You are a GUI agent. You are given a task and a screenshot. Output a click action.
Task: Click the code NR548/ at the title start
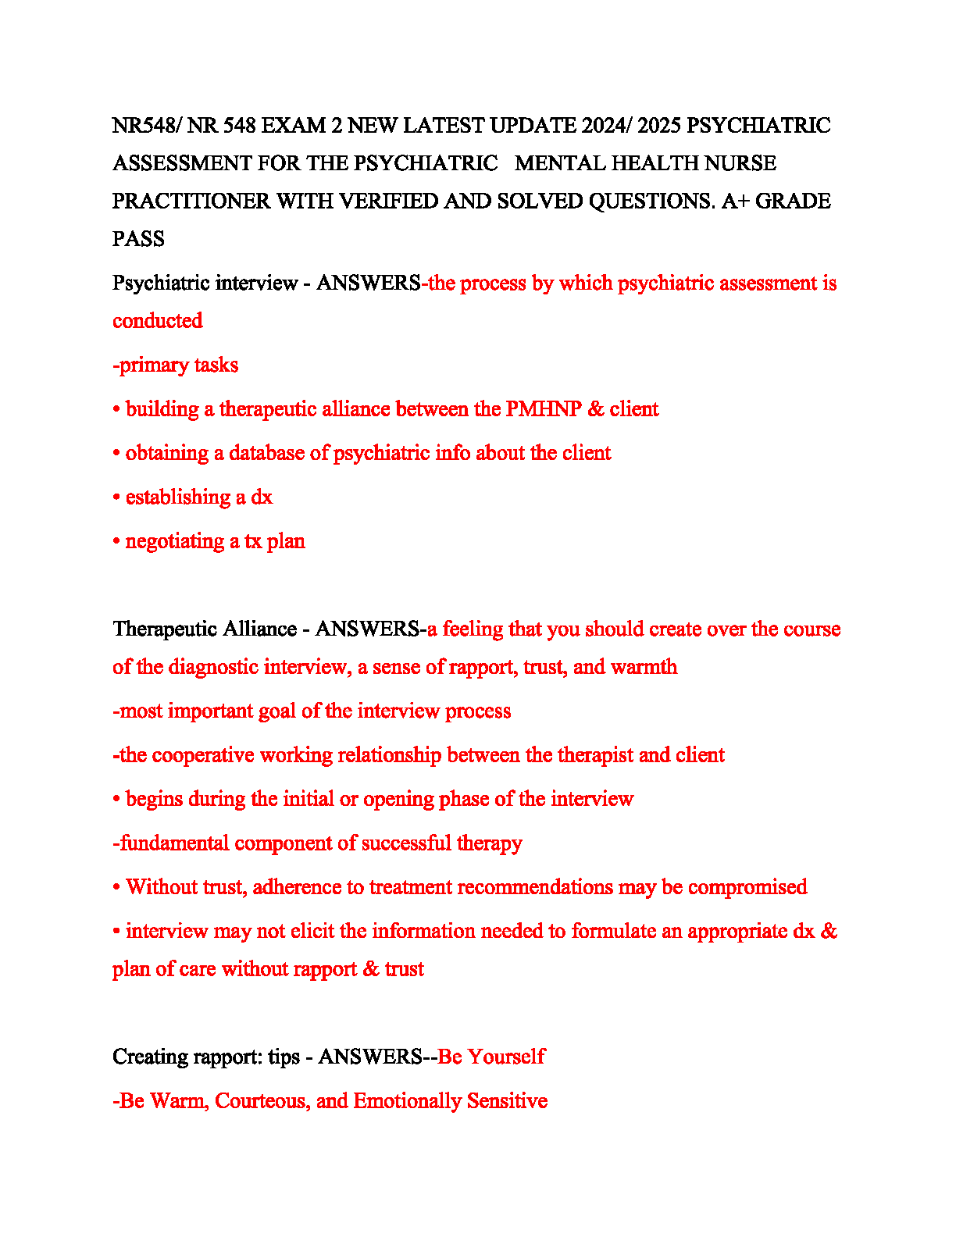coord(146,126)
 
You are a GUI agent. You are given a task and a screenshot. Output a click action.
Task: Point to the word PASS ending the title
coord(138,239)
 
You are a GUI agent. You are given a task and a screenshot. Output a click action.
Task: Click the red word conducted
coord(157,321)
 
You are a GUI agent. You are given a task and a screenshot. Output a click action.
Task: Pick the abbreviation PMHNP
coord(544,409)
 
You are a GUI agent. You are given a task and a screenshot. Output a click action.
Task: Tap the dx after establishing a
coord(262,497)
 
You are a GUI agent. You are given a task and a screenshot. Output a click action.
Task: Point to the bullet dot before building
coord(116,410)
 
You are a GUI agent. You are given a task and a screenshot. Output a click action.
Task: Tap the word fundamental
coord(173,843)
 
